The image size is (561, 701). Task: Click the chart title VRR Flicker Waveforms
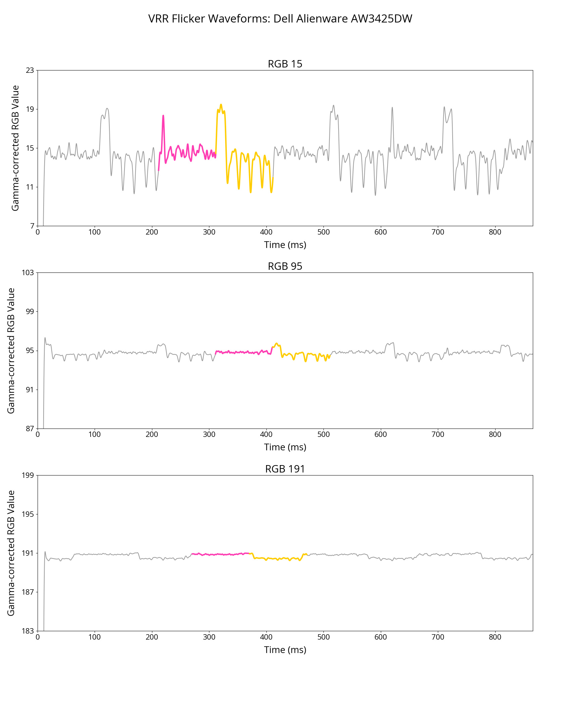280,19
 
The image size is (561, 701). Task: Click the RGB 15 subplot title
285,64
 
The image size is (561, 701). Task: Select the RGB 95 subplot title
285,266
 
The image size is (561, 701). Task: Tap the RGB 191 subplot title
285,469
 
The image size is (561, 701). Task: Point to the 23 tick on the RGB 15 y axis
30,70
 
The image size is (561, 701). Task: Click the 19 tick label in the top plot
30,109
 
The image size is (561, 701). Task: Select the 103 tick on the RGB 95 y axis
28,272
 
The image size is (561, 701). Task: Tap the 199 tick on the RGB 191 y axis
28,475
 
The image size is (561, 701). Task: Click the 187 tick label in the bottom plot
28,592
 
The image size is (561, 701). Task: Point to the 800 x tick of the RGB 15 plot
495,232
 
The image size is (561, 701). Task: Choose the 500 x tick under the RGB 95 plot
323,434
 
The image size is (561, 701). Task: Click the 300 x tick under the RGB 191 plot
209,637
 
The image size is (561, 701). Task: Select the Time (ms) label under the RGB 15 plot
285,245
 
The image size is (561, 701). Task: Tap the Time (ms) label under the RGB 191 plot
285,650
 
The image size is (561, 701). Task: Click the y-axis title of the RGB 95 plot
11,350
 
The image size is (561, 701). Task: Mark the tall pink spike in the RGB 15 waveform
163,116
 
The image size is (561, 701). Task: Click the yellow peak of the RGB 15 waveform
221,105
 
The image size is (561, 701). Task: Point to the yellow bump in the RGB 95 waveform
276,344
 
